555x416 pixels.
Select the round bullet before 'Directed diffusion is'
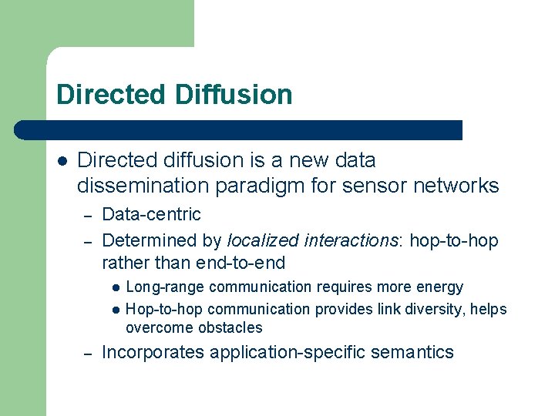[62, 161]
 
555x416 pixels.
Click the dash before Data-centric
[89, 215]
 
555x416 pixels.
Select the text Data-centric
[151, 214]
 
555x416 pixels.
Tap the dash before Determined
[89, 242]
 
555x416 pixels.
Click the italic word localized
[264, 240]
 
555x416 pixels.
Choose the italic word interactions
[353, 240]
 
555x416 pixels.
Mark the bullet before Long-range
[114, 288]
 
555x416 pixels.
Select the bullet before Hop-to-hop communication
[114, 310]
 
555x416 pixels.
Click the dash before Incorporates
[89, 354]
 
